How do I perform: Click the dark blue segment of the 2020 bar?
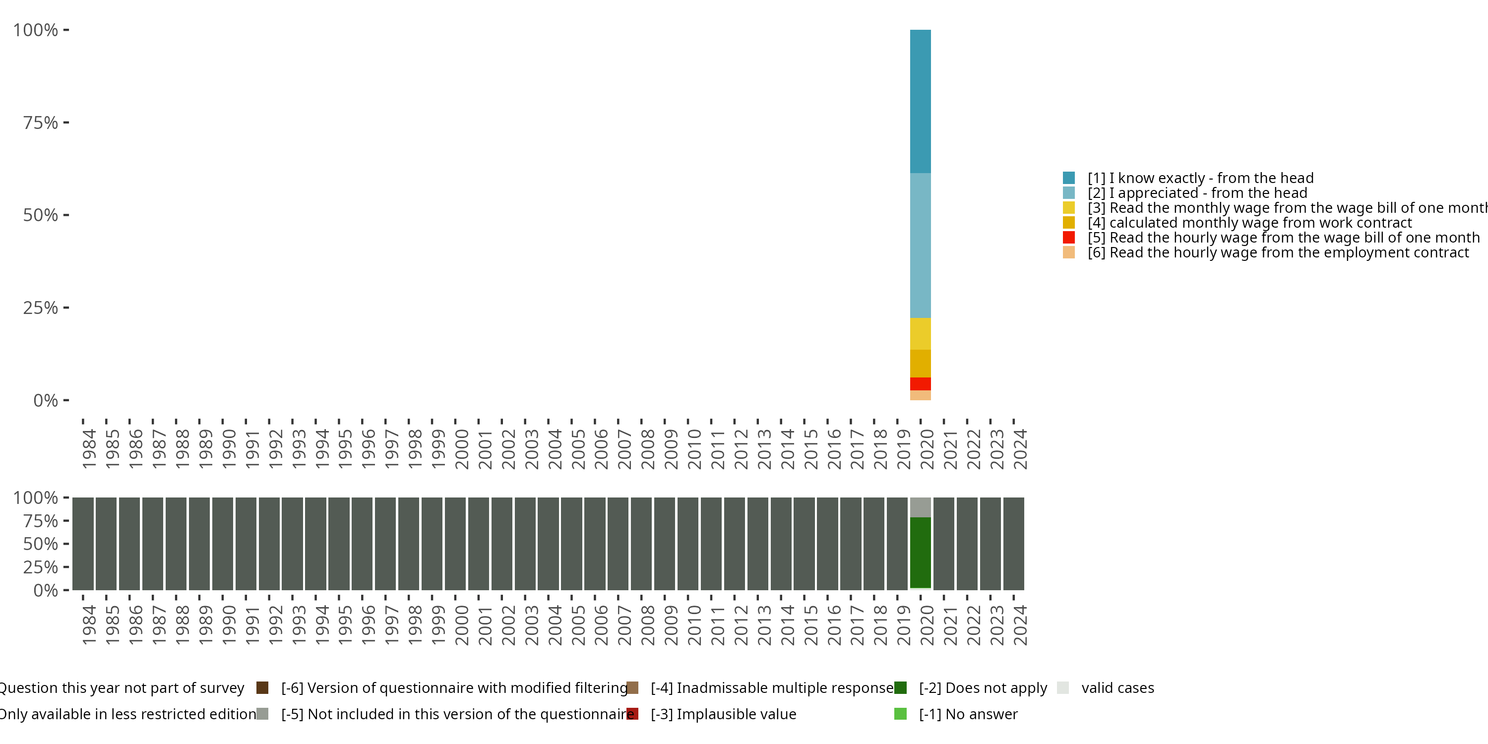[x=920, y=101]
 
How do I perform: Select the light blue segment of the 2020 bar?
[x=920, y=246]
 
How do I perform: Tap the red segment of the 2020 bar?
[x=920, y=383]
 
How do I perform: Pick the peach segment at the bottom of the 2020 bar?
[x=920, y=395]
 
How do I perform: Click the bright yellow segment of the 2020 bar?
[x=920, y=334]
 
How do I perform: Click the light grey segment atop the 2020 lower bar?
[x=920, y=507]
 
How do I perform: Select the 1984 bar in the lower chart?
[x=83, y=544]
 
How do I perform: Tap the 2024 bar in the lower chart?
[x=1014, y=544]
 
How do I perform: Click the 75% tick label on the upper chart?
[x=41, y=123]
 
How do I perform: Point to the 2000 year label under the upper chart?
[x=462, y=449]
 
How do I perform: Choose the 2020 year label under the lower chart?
[x=927, y=625]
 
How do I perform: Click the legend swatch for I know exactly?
[x=1069, y=178]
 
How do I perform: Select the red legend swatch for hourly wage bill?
[x=1069, y=238]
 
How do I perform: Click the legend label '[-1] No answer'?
[x=968, y=715]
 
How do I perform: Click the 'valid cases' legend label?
[x=1117, y=688]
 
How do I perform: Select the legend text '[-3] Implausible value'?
[x=723, y=715]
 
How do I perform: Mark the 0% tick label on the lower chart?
[x=45, y=590]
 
